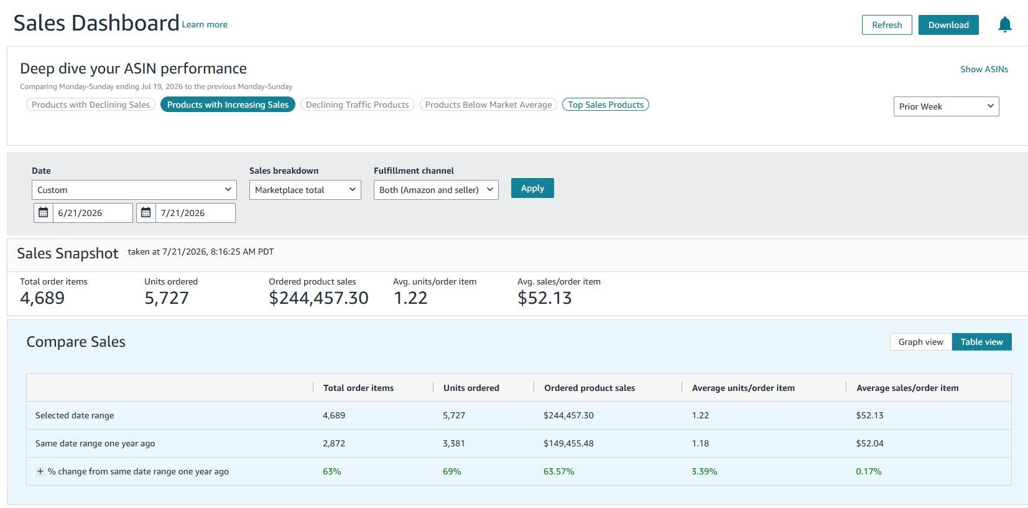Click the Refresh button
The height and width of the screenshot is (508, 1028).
[887, 25]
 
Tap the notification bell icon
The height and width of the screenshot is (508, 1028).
[1004, 24]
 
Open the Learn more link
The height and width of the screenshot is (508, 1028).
[205, 24]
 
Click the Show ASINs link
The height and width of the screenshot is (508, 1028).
[984, 69]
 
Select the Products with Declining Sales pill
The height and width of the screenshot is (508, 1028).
[91, 105]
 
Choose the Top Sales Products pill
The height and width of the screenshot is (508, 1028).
[605, 105]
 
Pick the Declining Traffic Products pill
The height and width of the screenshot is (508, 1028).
[357, 105]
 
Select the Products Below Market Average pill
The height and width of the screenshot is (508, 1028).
[488, 105]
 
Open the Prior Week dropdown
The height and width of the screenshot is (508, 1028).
[946, 106]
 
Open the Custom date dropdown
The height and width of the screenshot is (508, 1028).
[134, 190]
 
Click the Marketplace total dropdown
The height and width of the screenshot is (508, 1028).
[305, 190]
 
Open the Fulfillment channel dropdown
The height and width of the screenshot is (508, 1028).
[436, 190]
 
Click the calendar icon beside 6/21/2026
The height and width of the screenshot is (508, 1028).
[43, 213]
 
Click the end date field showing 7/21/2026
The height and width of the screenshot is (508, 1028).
[195, 213]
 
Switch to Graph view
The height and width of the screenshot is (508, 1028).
[920, 342]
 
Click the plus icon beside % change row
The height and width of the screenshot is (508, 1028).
[40, 471]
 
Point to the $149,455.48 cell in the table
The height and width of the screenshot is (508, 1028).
[568, 443]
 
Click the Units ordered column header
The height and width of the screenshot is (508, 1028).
[471, 388]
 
